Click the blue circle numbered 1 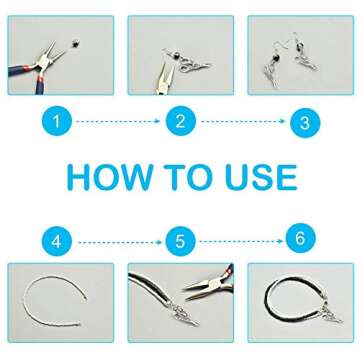[x=57, y=122]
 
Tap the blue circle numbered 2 [x=180, y=122]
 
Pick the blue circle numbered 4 [x=57, y=241]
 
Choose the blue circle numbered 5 [x=180, y=241]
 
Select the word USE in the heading [x=259, y=178]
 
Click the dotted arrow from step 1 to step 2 [x=118, y=122]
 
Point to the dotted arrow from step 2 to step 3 [x=242, y=122]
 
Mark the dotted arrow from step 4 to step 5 [x=118, y=241]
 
